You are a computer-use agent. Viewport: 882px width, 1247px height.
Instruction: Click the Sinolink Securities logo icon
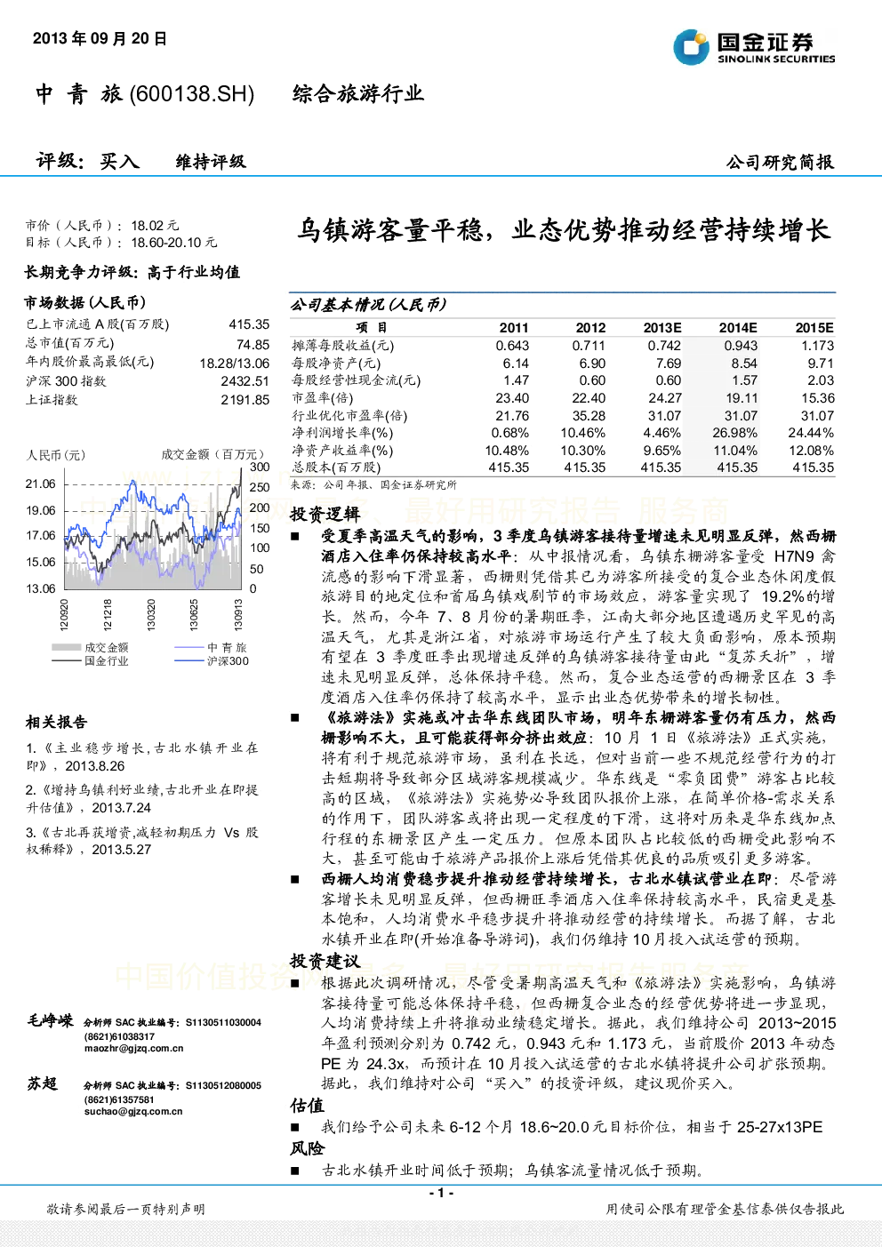pos(691,47)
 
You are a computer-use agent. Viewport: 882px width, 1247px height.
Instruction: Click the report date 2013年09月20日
pos(100,38)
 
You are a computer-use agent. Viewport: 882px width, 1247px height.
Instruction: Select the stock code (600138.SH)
pos(191,94)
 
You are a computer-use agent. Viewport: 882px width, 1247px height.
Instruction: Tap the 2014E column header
pos(738,328)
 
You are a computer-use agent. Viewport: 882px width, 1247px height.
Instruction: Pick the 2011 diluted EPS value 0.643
pos(512,346)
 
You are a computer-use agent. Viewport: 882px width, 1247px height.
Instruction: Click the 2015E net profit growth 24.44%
pos(811,433)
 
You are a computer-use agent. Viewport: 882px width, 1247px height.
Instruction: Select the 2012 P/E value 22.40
pos(589,398)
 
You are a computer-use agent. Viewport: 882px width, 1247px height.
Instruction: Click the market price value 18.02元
pos(155,226)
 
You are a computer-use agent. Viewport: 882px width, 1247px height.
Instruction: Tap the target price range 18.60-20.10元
pos(173,243)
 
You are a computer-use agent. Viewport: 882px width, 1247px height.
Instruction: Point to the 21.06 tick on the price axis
pos(41,484)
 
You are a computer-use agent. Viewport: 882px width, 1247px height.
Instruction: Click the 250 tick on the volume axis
pos(260,487)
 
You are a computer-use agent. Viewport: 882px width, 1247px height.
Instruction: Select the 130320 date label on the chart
pos(151,614)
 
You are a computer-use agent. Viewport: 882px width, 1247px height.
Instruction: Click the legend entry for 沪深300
pos(212,660)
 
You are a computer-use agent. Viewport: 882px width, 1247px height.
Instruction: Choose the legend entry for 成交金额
pos(90,647)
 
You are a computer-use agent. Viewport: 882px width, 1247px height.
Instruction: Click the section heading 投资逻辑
pos(325,515)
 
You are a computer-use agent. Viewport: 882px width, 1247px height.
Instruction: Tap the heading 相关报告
pos(56,723)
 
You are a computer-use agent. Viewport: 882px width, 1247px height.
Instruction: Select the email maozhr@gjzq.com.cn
pos(133,1048)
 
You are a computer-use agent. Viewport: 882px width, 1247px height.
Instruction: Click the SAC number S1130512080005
pos(223,1085)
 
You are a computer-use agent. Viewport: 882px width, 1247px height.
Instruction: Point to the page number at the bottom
pos(442,1193)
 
